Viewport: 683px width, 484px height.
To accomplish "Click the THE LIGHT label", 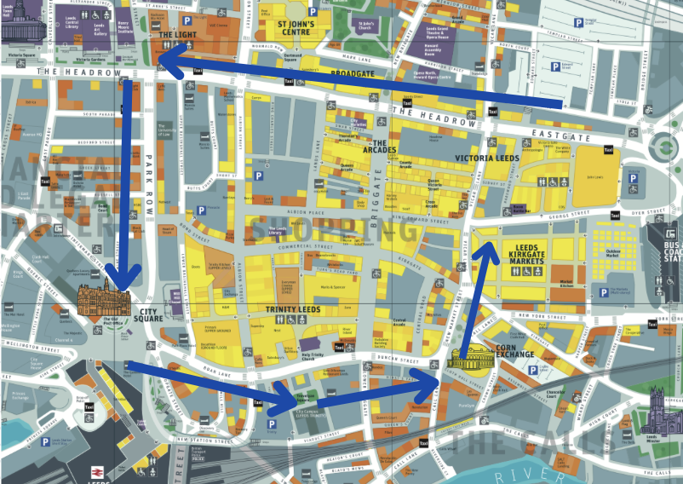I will click(178, 35).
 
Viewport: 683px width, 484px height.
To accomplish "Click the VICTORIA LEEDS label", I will click(486, 158).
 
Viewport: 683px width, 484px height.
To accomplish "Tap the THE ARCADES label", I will click(379, 149).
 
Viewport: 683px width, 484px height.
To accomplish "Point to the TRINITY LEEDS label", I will click(293, 309).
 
